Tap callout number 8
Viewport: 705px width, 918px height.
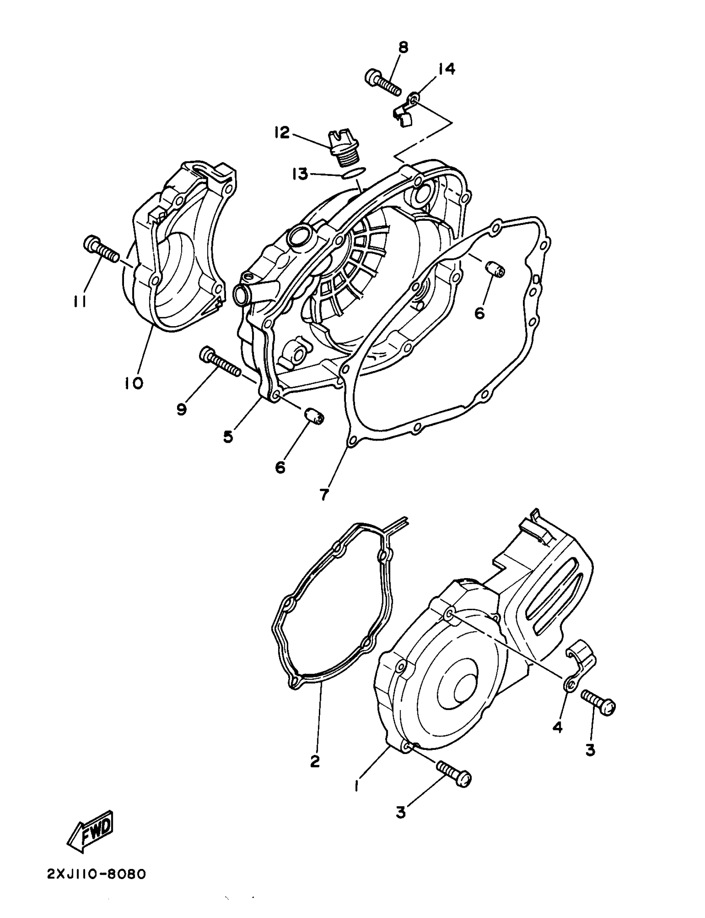[403, 47]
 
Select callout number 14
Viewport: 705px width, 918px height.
[447, 68]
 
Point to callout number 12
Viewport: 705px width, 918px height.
[282, 133]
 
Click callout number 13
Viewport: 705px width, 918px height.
[300, 174]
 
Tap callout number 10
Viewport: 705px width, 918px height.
[134, 383]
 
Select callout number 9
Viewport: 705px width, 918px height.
[181, 409]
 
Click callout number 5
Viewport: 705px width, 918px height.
[228, 436]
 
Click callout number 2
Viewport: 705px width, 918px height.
[315, 761]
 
